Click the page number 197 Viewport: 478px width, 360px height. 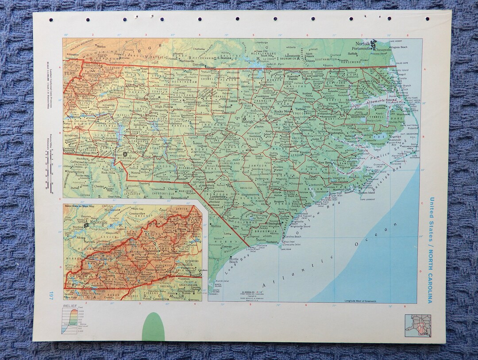pos(52,295)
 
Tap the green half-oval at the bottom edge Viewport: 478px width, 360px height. pos(153,327)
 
